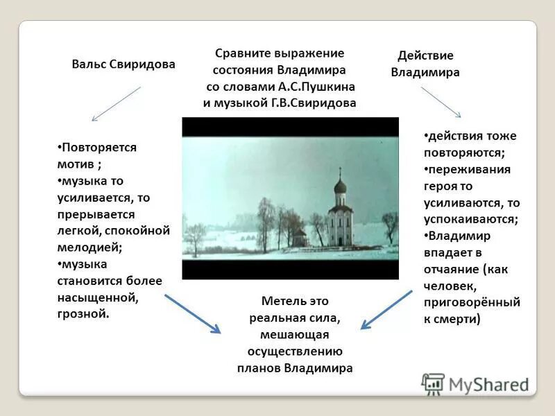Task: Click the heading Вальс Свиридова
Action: [123, 64]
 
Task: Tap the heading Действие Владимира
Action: [425, 64]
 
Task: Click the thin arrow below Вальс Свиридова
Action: [117, 104]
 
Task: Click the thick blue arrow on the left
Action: [192, 313]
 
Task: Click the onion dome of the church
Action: [340, 185]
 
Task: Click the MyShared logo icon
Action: [434, 383]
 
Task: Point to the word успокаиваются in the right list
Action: [470, 219]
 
